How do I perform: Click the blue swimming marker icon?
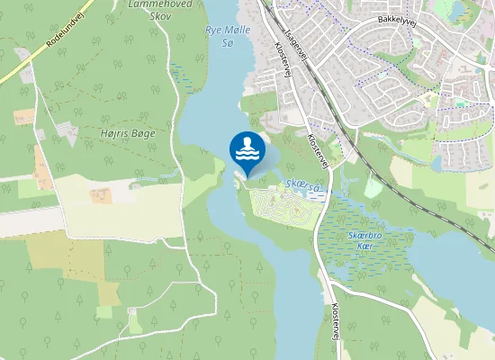[x=247, y=150]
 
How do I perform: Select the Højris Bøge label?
[x=128, y=132]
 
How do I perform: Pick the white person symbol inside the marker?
[x=247, y=144]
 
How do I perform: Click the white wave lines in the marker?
[x=247, y=157]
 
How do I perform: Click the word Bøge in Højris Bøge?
[x=142, y=133]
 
